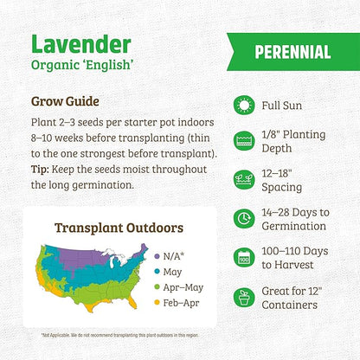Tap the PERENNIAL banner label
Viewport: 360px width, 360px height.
pyautogui.click(x=292, y=51)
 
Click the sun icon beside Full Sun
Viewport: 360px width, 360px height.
pyautogui.click(x=244, y=105)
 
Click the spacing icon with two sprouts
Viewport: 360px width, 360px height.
pyautogui.click(x=244, y=180)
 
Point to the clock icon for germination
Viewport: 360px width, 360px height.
pyautogui.click(x=244, y=219)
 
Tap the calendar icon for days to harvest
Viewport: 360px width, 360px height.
pyautogui.click(x=244, y=257)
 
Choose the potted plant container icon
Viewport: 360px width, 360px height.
pyautogui.click(x=244, y=296)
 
